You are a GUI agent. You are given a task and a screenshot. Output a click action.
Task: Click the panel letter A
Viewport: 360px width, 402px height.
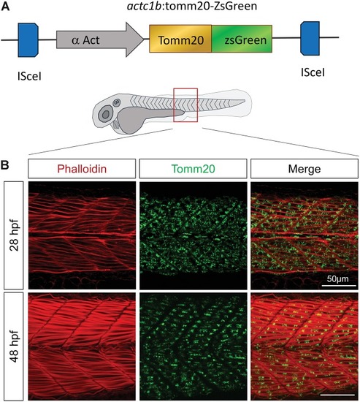pos(5,7)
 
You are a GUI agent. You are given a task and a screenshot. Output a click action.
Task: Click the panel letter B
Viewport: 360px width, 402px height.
pos(5,165)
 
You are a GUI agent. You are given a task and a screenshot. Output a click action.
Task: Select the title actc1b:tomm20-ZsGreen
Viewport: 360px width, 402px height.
pos(192,6)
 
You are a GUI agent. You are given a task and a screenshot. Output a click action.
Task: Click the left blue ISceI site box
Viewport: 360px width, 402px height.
pos(28,40)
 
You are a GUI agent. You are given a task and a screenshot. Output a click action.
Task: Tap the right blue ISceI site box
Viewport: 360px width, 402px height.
pos(310,39)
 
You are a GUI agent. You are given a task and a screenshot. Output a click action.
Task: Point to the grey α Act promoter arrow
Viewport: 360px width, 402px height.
pos(100,39)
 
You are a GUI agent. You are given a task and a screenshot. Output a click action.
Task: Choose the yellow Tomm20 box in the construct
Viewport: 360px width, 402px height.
pos(180,39)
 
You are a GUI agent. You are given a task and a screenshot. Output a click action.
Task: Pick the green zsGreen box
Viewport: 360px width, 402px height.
pos(242,39)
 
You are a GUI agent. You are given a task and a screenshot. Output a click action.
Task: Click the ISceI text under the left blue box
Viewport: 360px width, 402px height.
pos(29,76)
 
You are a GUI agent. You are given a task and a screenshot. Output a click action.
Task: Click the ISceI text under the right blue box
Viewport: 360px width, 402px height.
pos(313,72)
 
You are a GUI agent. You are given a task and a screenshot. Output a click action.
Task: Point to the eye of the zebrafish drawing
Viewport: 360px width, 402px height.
pos(105,114)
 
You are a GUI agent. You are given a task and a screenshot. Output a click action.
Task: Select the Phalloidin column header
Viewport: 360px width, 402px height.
pos(82,169)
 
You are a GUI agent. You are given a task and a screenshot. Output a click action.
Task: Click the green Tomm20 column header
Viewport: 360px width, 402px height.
pos(194,169)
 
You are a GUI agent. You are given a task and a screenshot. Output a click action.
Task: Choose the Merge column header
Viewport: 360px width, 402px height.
pos(305,169)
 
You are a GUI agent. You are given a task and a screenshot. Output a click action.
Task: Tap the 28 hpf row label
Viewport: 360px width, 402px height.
pos(14,235)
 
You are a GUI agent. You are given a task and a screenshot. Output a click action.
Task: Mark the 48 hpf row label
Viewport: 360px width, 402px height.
pos(14,346)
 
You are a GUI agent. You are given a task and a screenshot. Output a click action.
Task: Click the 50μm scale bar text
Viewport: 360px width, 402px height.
pos(337,278)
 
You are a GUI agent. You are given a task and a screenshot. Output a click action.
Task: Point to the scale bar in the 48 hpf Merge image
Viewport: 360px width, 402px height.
pos(337,395)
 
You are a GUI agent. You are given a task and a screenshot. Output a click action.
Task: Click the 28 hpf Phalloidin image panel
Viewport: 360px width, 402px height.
pos(82,235)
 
